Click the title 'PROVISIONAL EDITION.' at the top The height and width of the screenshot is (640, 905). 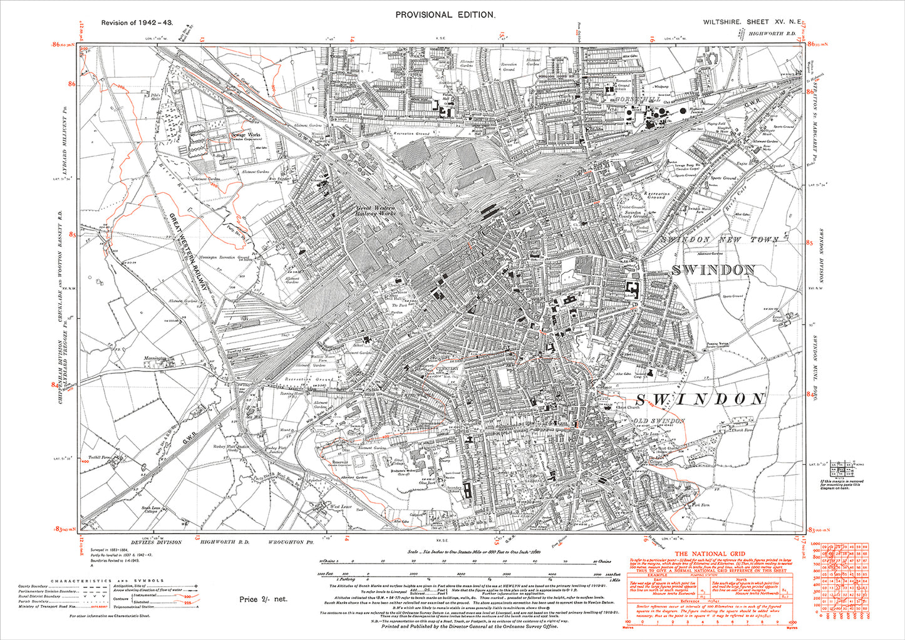pos(445,14)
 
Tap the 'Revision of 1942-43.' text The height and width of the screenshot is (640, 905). pos(137,23)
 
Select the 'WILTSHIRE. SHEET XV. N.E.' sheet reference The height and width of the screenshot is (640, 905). pos(749,22)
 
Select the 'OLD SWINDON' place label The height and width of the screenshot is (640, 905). pos(658,420)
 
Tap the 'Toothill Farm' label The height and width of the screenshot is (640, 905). pos(99,458)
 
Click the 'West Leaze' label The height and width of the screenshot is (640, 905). pos(341,506)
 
